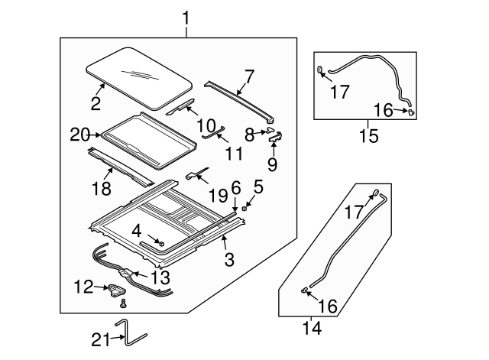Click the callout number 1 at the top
point(186,18)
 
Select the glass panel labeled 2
point(139,78)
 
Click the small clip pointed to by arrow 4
point(161,243)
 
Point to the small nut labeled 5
point(244,208)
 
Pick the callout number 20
point(79,135)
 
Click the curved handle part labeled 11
point(213,132)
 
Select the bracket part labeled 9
point(275,137)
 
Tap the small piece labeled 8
point(270,130)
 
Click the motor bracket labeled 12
point(117,290)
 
